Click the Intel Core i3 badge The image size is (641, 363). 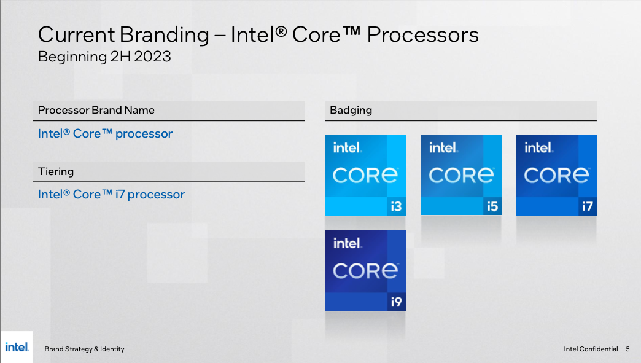(365, 175)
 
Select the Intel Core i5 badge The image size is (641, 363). (461, 174)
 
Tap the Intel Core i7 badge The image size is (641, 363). (556, 175)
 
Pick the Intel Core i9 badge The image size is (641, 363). (365, 271)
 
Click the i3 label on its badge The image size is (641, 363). (396, 206)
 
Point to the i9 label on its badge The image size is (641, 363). (396, 302)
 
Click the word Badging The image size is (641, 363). (351, 111)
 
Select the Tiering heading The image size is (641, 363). (56, 171)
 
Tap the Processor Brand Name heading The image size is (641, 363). (96, 110)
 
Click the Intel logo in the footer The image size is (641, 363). (17, 347)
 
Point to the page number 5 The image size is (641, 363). (627, 349)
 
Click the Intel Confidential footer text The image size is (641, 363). (591, 349)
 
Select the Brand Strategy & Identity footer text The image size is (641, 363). (84, 349)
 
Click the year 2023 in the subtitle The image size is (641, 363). (152, 57)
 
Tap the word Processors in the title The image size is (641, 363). (422, 35)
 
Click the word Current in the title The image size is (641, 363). (77, 35)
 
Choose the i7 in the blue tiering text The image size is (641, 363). (120, 194)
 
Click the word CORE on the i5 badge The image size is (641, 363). (461, 176)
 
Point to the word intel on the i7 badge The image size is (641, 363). (538, 147)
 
